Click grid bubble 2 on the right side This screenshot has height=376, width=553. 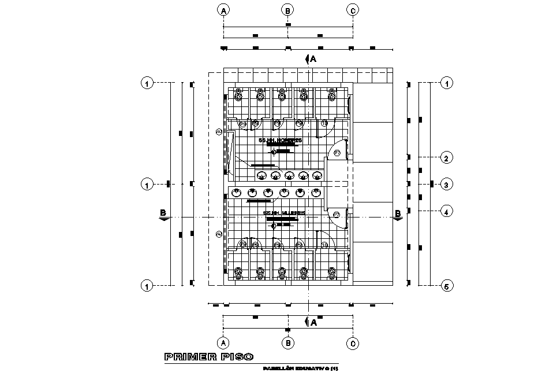coord(446,157)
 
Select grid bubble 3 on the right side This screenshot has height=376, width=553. coord(446,185)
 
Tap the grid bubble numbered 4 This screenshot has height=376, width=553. coord(446,212)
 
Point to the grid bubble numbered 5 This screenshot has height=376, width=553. coord(446,286)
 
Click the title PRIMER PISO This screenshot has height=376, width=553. coord(208,357)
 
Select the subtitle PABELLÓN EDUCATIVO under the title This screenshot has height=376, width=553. coord(300,368)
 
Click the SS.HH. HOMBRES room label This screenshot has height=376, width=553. coord(281,141)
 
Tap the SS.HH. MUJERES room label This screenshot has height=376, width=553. coord(283,213)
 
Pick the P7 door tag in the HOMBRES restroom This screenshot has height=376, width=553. coord(338,153)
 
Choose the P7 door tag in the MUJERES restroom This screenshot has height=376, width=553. coord(337,215)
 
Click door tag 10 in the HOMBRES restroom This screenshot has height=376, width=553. coord(324,123)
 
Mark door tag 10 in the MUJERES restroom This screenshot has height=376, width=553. coord(324,246)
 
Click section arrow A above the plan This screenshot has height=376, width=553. coord(311,59)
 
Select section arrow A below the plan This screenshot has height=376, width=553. coord(311,322)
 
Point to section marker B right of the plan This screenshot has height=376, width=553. coord(398,214)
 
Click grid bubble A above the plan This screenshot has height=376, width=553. coord(224,10)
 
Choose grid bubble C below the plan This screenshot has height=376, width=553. coord(353,344)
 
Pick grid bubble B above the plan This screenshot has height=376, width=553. coord(287,10)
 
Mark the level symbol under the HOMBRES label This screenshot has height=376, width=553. coord(274,151)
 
